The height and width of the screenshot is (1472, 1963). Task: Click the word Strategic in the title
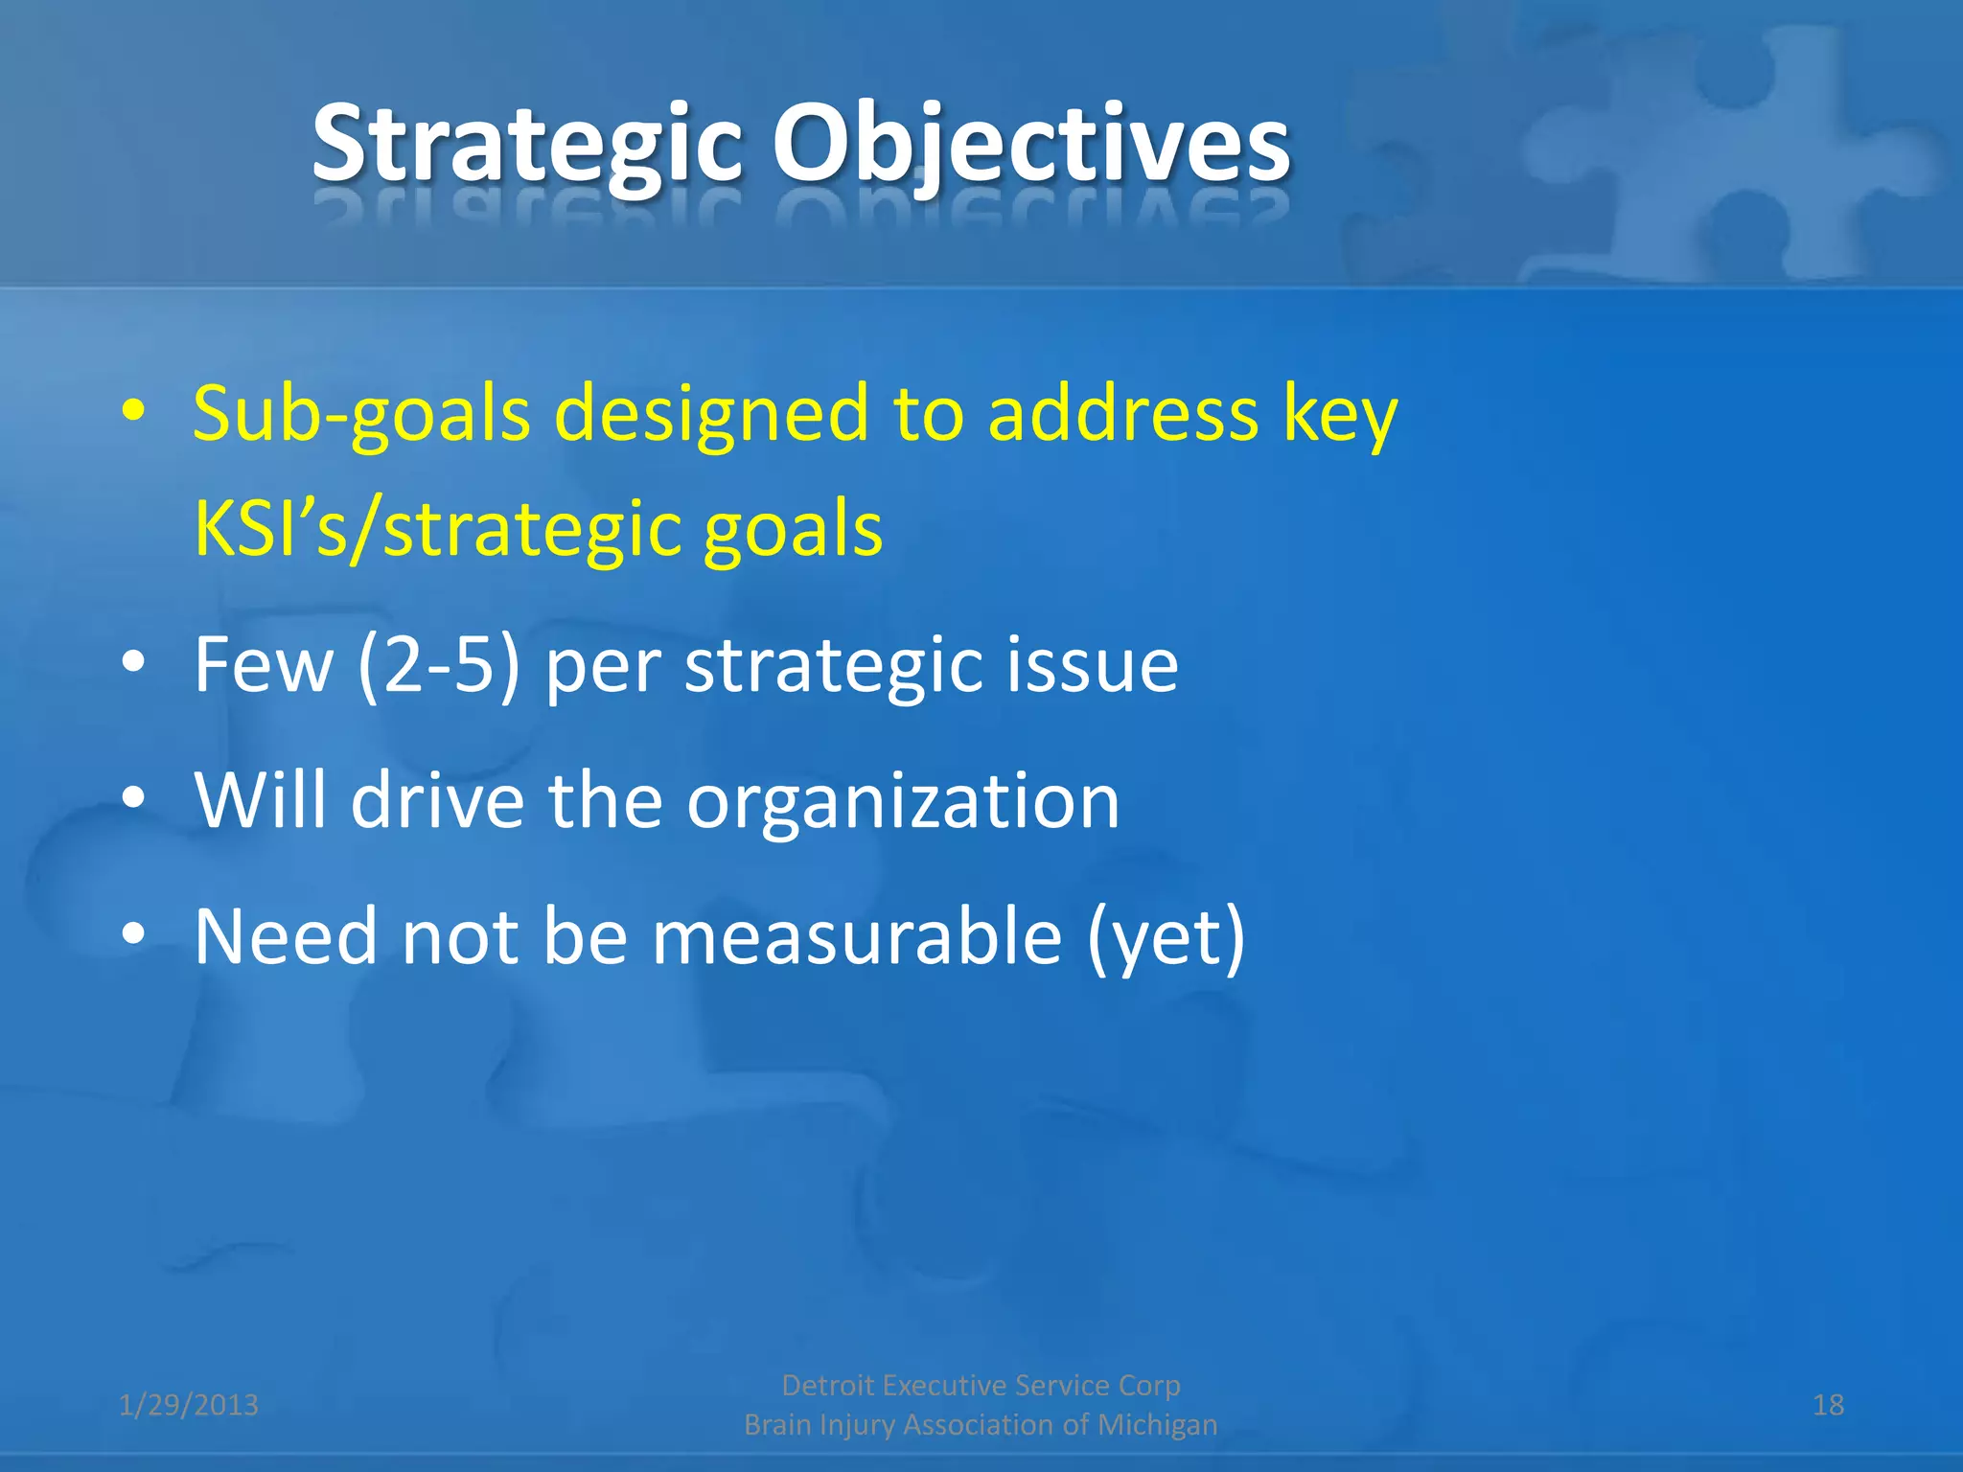527,146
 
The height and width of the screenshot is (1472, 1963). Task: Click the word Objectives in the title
1031,146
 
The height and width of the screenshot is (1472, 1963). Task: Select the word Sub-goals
361,415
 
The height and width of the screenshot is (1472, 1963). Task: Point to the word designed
711,415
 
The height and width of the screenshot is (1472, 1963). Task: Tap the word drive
437,801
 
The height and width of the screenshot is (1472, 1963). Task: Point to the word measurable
856,936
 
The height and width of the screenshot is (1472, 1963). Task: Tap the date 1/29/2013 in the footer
189,1405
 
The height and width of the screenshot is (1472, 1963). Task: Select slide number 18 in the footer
1828,1405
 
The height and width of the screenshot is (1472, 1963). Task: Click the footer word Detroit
828,1386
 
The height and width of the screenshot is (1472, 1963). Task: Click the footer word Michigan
1157,1425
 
